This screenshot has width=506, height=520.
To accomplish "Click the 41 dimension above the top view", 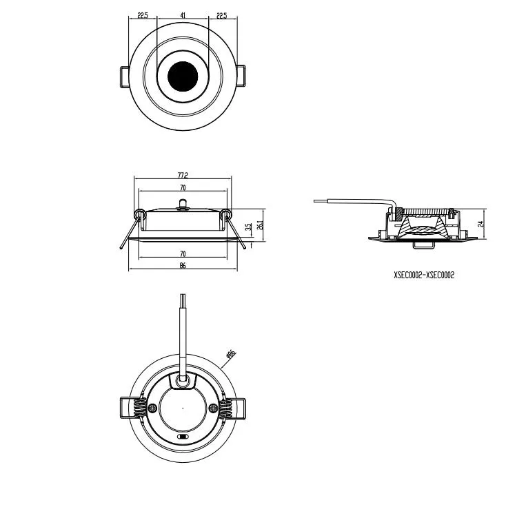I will coord(182,14).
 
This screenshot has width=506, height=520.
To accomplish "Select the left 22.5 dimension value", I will coord(143,14).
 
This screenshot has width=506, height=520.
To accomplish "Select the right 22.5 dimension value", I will coord(221,14).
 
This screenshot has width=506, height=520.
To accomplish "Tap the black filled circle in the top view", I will coord(182,76).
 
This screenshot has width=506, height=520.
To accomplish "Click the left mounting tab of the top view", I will coord(125,76).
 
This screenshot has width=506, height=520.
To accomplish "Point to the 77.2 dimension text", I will coord(182,176).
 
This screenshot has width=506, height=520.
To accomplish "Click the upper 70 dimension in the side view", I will coord(182,187).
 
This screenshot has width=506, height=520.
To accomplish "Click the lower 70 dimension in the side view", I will coord(182,254).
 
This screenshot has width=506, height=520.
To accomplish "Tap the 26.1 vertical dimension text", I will coord(260,225).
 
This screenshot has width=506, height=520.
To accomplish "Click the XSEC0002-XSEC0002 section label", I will coord(423,274).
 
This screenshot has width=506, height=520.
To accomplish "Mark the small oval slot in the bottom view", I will coord(183,436).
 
